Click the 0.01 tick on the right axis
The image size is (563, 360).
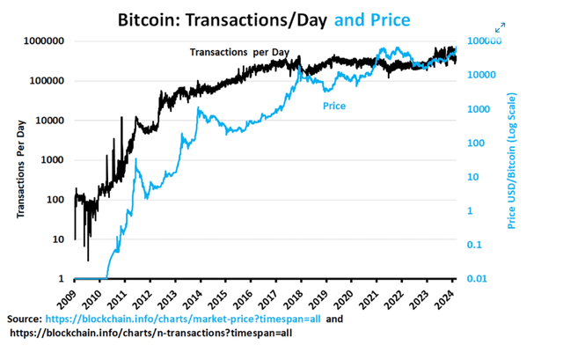click(477, 279)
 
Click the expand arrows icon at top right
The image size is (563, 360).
click(500, 28)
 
